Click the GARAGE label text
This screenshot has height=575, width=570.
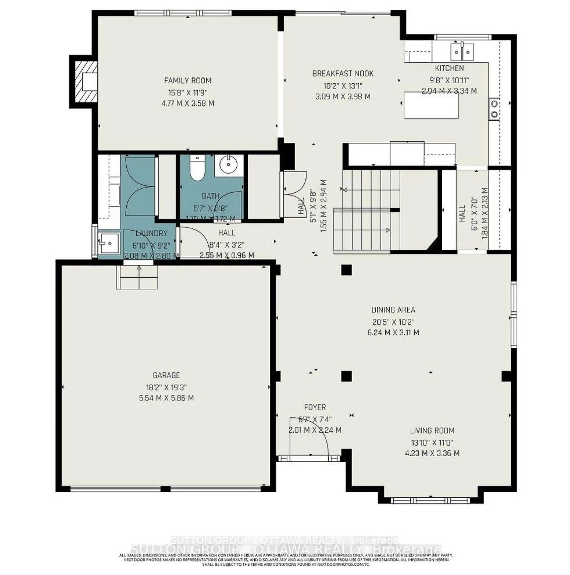166,375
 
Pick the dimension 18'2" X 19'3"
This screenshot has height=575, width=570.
166,387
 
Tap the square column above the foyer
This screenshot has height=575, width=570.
346,376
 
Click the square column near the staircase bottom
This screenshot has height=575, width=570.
346,270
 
